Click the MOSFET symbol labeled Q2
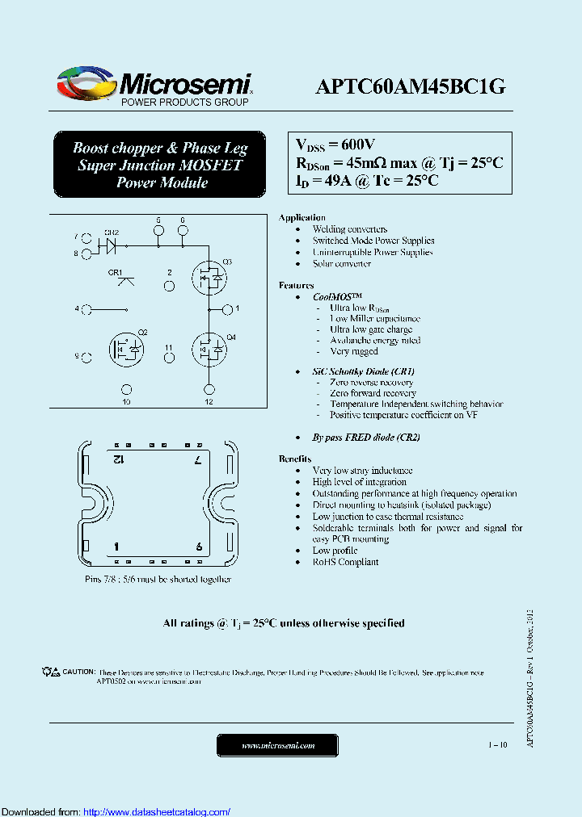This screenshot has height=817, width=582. [125, 348]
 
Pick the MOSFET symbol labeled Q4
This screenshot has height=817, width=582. [208, 348]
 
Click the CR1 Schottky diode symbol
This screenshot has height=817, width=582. [125, 281]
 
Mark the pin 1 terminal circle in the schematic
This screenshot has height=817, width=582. [228, 308]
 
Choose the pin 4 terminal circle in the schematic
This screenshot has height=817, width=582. [86, 308]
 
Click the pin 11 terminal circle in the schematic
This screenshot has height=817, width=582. [169, 358]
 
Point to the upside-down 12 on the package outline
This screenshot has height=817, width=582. [117, 459]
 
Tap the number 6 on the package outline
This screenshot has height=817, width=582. [199, 547]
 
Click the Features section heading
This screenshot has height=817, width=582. [296, 286]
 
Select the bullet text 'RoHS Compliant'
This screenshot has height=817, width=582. [345, 562]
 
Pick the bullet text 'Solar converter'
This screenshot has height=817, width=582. [342, 264]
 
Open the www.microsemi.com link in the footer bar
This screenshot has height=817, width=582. [278, 745]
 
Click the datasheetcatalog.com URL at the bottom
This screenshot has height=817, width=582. [157, 811]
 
